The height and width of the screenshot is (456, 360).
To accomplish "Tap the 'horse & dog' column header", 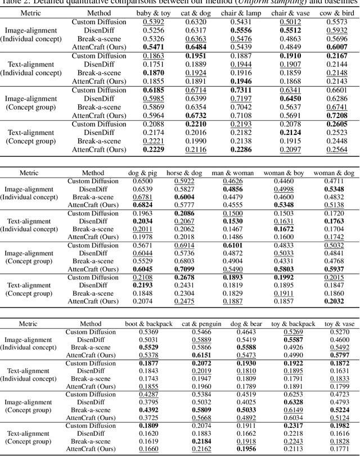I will (181, 173).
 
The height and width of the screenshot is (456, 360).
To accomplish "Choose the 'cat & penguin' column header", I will (202, 324).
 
